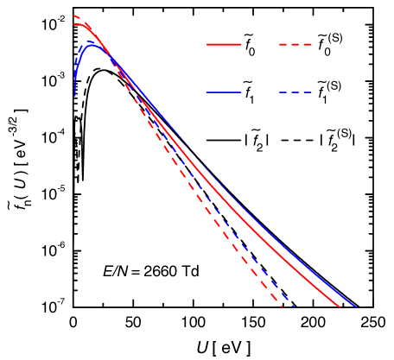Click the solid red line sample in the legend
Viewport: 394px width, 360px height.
(224, 44)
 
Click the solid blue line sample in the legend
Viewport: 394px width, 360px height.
(224, 92)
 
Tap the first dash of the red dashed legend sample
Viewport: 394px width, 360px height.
(283, 44)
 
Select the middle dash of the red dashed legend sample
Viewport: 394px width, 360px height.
(295, 44)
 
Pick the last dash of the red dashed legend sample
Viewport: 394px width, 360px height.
(308, 44)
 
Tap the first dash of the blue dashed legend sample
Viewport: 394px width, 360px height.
(283, 92)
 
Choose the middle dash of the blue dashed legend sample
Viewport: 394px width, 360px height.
(295, 92)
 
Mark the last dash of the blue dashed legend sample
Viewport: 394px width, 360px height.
(308, 92)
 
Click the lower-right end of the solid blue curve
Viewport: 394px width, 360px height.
(355, 306)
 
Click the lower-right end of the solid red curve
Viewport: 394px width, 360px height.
(340, 306)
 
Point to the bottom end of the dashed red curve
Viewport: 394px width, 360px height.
(282, 306)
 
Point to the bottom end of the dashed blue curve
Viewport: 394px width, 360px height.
(295, 306)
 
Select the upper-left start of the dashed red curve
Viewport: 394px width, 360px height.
(73, 16)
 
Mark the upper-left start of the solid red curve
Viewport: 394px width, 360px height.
(73, 24)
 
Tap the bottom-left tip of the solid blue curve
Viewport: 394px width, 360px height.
(75, 95)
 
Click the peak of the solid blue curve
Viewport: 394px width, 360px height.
(92, 44)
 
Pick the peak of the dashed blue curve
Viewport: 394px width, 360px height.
(90, 41)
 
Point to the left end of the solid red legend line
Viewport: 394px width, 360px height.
(207, 44)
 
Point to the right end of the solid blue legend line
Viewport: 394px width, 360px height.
(241, 92)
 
